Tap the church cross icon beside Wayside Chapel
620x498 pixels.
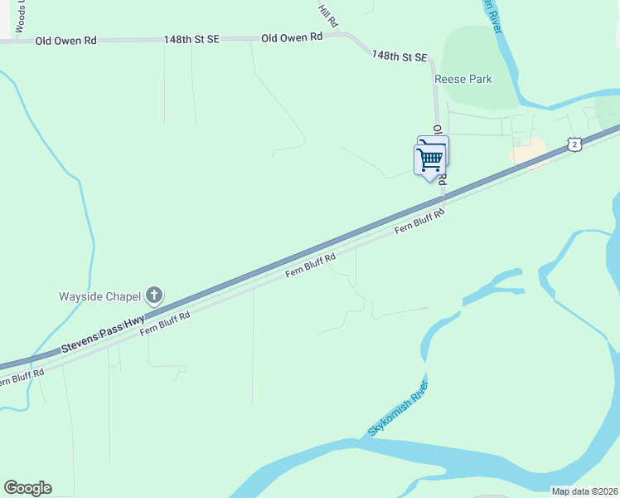(153, 295)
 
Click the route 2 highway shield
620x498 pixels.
(574, 144)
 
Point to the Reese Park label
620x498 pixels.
(463, 80)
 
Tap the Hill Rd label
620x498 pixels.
(329, 14)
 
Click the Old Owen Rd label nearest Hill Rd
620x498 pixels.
(292, 38)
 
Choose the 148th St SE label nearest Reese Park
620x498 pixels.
(400, 56)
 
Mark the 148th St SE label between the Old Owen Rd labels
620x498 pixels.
(191, 39)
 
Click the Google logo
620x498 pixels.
(27, 488)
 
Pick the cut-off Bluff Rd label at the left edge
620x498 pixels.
(17, 378)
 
